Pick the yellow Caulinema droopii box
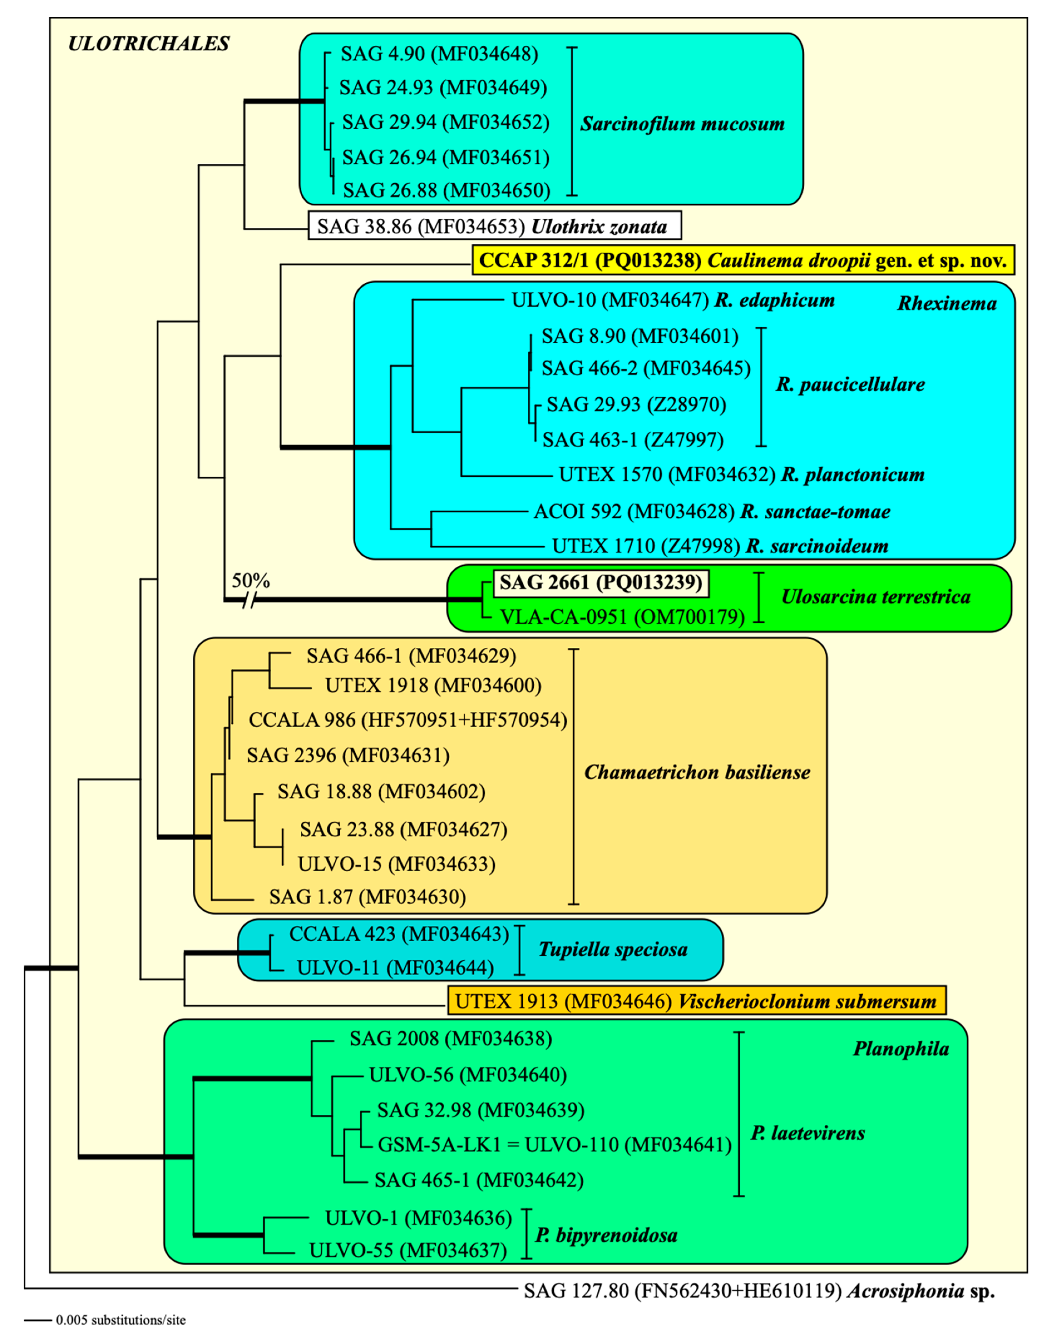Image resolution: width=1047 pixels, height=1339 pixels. (743, 260)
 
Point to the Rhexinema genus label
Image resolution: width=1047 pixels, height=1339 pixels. (946, 304)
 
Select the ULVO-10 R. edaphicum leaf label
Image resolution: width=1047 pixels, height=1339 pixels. (673, 300)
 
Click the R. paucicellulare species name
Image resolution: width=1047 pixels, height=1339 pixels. (850, 385)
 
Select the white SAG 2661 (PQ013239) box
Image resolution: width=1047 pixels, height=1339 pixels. (601, 582)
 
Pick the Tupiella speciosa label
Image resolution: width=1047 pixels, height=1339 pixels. (613, 950)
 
